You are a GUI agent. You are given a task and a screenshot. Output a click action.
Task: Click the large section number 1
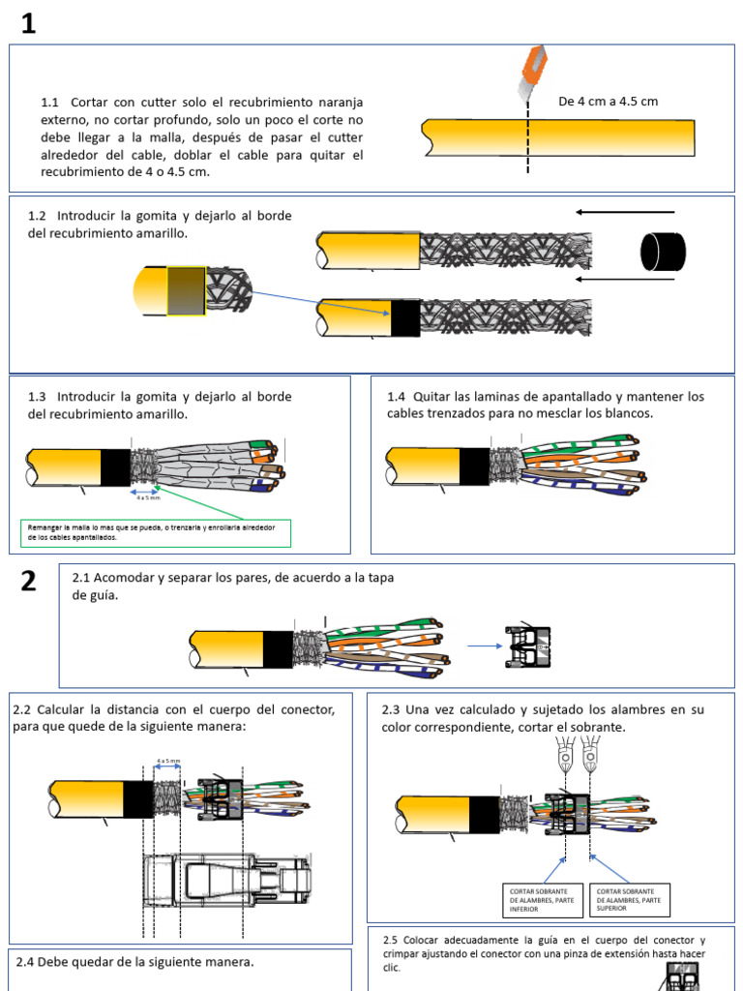tap(28, 24)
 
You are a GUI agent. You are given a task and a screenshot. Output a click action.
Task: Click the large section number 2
tap(28, 581)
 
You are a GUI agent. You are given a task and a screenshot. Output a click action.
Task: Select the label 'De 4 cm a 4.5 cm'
tap(608, 102)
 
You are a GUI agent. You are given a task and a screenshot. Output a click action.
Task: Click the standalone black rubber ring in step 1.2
tap(663, 252)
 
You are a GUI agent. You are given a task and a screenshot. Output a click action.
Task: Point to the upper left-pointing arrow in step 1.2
tap(623, 211)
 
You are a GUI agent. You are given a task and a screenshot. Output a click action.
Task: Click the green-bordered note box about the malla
tap(156, 532)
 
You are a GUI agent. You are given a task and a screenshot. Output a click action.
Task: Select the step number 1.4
tap(397, 397)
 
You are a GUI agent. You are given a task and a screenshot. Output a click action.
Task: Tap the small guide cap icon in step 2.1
tap(527, 646)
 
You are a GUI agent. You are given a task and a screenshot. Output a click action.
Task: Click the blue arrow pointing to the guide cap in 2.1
tap(483, 646)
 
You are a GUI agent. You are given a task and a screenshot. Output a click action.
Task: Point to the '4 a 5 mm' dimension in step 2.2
tap(168, 762)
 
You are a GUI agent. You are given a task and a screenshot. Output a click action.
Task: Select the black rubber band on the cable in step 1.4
tap(474, 466)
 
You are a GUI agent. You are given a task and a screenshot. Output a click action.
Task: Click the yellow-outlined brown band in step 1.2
tap(186, 290)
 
